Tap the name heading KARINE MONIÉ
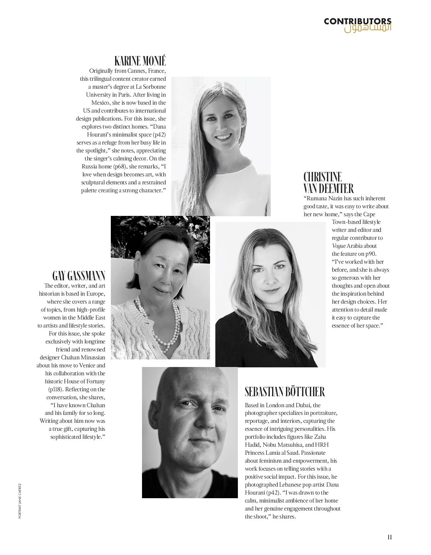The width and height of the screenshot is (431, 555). [x=140, y=61]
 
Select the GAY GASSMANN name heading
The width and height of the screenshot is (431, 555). [x=79, y=276]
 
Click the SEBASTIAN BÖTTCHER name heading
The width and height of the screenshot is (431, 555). [x=285, y=392]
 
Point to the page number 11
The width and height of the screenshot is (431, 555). [x=390, y=537]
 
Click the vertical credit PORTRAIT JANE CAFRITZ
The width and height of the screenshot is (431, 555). [x=20, y=501]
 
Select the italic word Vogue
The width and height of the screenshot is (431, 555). [x=338, y=246]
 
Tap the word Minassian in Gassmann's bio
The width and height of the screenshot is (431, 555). [x=93, y=357]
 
